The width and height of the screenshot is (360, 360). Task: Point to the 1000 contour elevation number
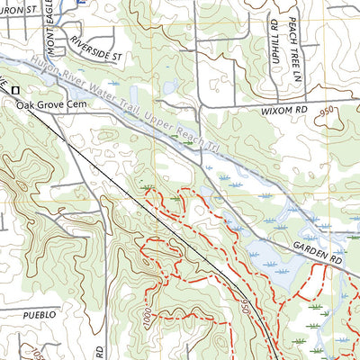pyautogui.click(x=147, y=318)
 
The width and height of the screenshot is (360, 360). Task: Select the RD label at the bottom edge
pyautogui.click(x=100, y=347)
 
